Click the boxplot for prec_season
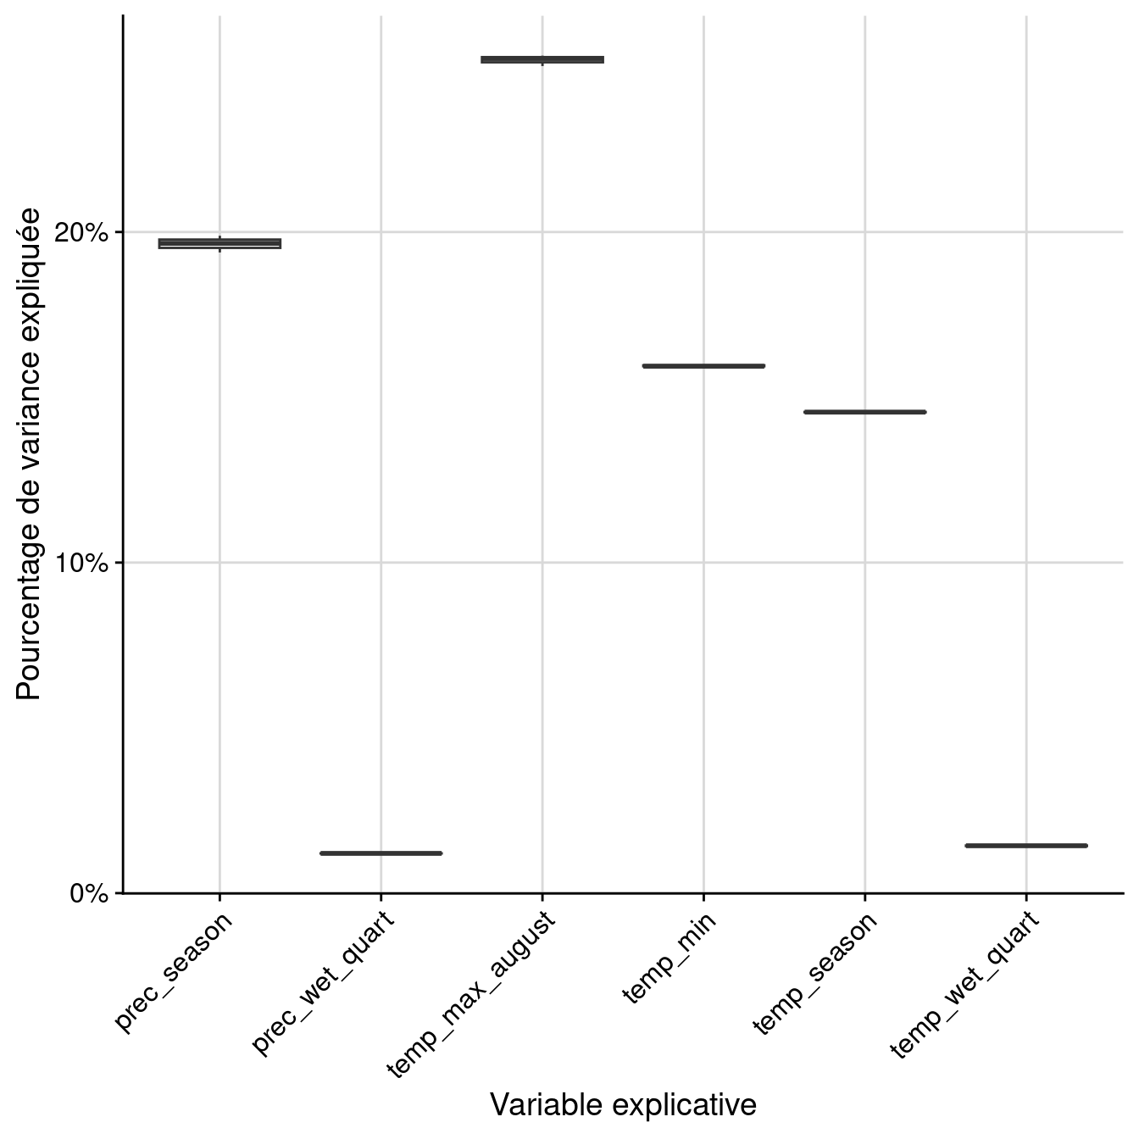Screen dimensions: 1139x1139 (219, 244)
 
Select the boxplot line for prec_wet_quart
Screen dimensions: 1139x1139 (381, 853)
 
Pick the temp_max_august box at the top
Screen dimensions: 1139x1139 (542, 59)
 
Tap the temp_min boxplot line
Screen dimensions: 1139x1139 (703, 366)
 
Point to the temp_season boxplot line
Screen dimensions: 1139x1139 (864, 412)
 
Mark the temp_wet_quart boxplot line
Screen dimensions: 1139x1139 (1025, 845)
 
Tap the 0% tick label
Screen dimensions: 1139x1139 (89, 893)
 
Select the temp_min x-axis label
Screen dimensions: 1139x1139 (670, 958)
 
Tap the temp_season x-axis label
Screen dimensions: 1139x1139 (814, 974)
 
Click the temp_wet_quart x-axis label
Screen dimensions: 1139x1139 (964, 985)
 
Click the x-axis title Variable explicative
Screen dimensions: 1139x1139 (623, 1105)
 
